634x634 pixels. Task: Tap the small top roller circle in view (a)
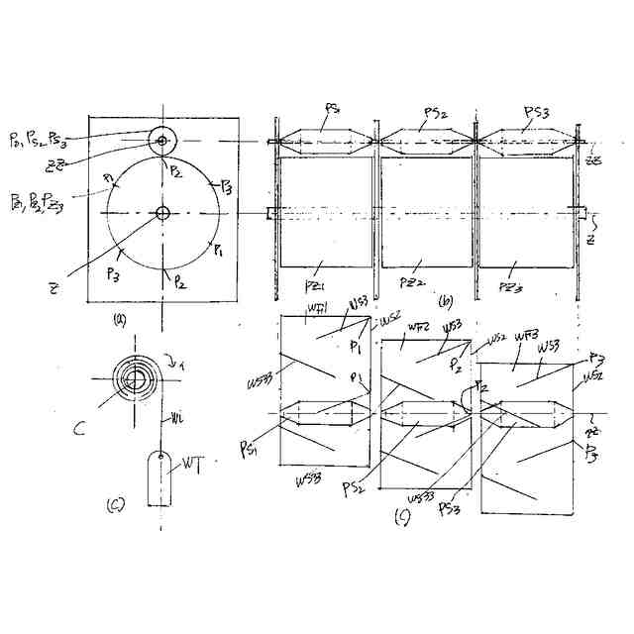161,140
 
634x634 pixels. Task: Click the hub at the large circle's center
161,211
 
